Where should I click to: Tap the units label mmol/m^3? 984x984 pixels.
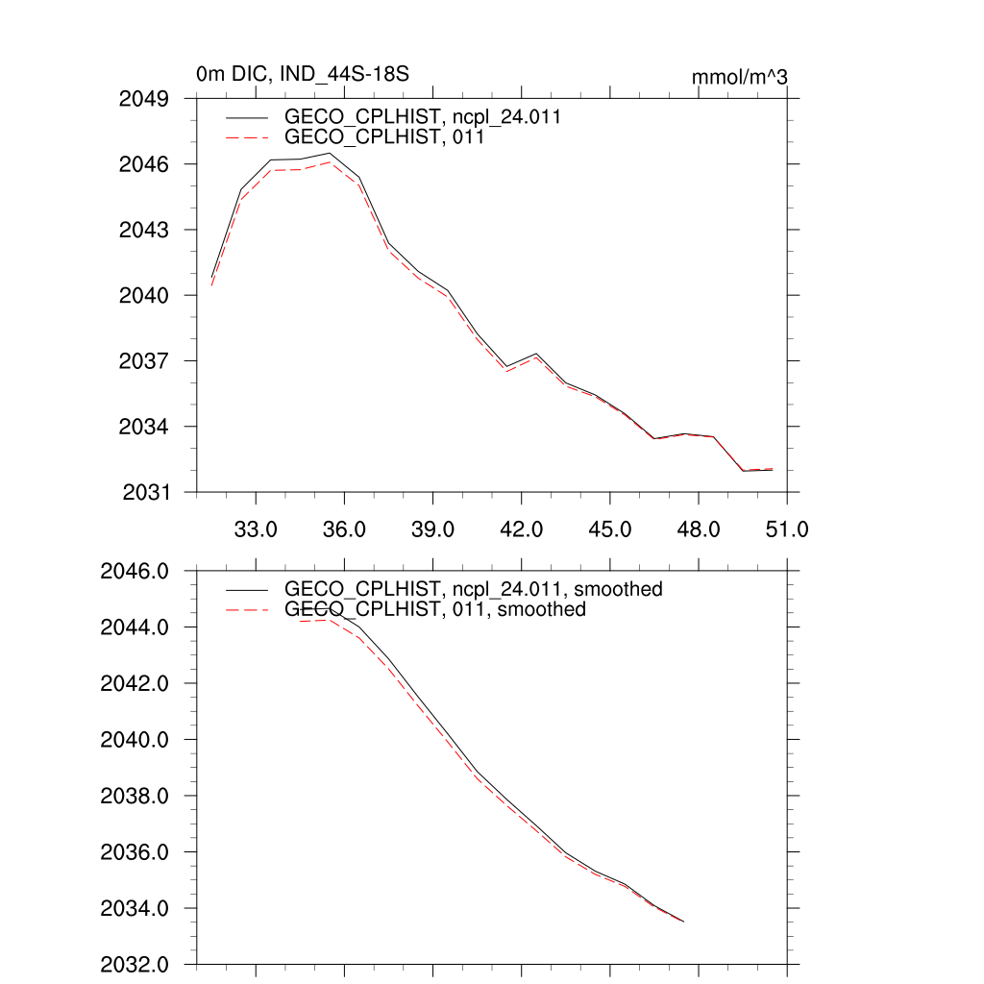click(739, 77)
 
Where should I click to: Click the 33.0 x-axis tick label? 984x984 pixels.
click(256, 529)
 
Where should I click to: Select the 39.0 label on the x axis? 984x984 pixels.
click(432, 529)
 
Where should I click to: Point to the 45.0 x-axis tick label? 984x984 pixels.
click(609, 529)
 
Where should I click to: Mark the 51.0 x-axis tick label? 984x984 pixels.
click(786, 529)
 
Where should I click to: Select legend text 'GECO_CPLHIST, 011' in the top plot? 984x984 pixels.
click(383, 137)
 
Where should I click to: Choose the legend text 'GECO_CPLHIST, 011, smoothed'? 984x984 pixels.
click(434, 609)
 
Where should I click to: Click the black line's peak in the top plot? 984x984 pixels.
click(330, 154)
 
